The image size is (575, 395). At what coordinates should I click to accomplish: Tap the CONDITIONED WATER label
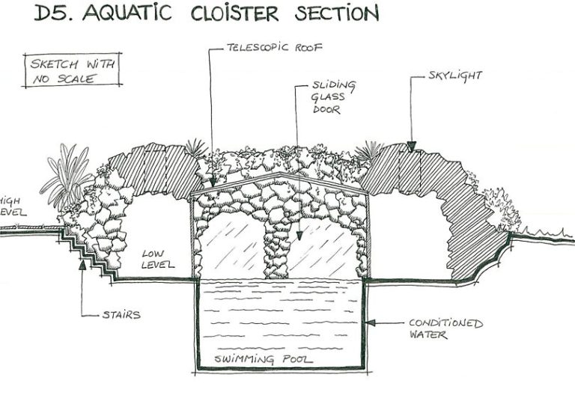tap(445, 329)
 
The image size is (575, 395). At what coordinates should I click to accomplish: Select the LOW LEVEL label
tap(157, 260)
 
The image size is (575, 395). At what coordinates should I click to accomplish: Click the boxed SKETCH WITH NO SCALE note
tap(72, 71)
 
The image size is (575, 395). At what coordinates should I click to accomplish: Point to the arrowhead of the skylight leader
tap(411, 145)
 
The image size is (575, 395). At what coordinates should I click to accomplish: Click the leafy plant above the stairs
tap(68, 176)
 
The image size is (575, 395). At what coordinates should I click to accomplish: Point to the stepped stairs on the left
tap(94, 254)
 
